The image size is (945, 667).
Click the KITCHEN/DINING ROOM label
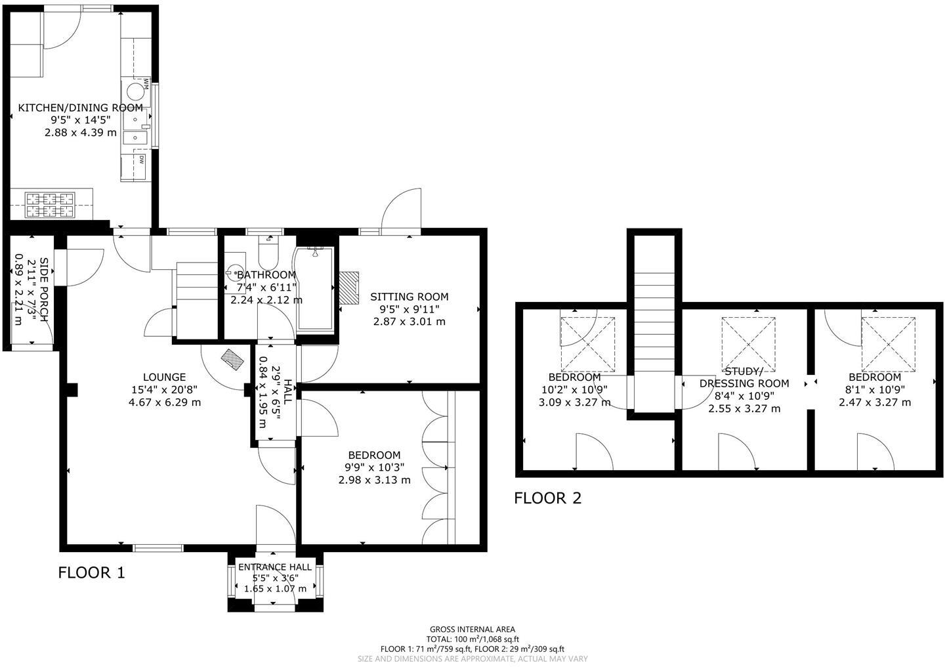point(80,108)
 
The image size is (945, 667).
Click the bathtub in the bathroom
point(315,289)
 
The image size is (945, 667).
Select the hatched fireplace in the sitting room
point(348,288)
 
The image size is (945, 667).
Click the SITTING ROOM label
point(409,297)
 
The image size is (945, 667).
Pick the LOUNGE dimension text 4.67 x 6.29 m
point(165,402)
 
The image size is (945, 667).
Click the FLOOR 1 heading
point(91,572)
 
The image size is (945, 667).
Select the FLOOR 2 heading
point(547,498)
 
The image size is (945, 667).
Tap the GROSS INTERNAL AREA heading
point(472,629)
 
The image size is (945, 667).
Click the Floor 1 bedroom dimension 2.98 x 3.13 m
point(374,480)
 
